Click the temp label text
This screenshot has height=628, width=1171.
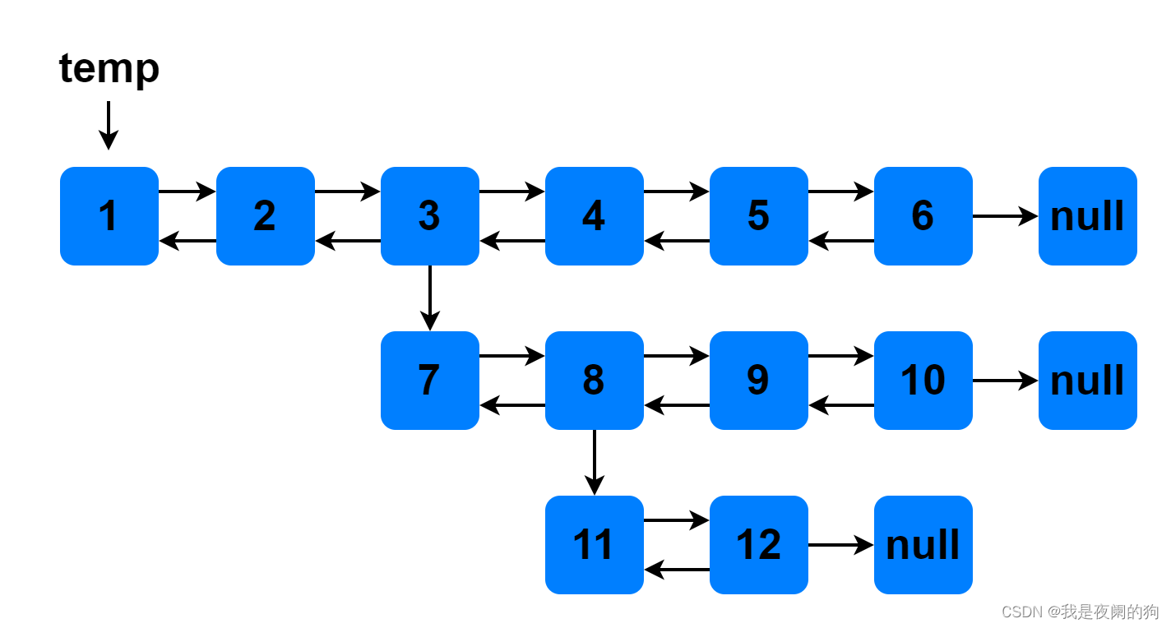(109, 68)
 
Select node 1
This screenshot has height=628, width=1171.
(109, 216)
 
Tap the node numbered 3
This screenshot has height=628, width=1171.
(429, 216)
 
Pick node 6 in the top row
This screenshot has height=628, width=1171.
(923, 216)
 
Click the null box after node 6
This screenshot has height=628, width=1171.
(1087, 216)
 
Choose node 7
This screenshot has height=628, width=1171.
(429, 381)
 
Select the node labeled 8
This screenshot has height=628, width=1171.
(594, 381)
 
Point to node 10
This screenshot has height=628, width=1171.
(923, 381)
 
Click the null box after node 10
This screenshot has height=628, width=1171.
(1087, 381)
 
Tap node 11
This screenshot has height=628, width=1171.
(594, 545)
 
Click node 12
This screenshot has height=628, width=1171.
(758, 545)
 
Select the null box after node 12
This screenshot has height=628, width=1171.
(923, 545)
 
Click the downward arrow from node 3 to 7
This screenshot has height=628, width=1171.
(429, 298)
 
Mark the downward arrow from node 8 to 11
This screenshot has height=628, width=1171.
(594, 463)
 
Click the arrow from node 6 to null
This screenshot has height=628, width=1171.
(1005, 216)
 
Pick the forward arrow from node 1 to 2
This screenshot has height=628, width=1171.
(187, 192)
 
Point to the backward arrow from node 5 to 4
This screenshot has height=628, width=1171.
(677, 241)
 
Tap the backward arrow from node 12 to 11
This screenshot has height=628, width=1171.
(677, 570)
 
